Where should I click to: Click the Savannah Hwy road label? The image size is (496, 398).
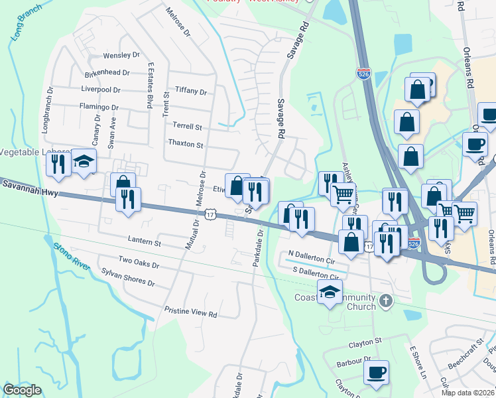pyautogui.click(x=30, y=192)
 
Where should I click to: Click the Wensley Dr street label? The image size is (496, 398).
pyautogui.click(x=121, y=56)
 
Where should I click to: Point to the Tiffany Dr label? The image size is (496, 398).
pyautogui.click(x=191, y=91)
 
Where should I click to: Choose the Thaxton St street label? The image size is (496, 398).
pyautogui.click(x=186, y=143)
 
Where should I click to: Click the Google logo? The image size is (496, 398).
pyautogui.click(x=22, y=390)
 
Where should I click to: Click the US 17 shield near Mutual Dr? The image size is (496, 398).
pyautogui.click(x=210, y=214)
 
